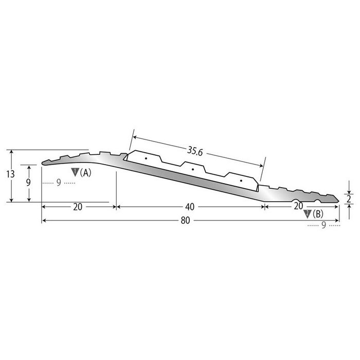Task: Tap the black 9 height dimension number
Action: (29, 183)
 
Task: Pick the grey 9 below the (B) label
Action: (323, 224)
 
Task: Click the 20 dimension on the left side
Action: (78, 207)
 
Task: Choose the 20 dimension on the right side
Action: (298, 206)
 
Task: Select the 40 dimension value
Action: (189, 207)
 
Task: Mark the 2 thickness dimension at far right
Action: (349, 197)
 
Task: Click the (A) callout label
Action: (86, 173)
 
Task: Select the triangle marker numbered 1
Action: (75, 172)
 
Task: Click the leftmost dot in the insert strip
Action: (146, 159)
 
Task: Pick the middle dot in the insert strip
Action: (192, 169)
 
